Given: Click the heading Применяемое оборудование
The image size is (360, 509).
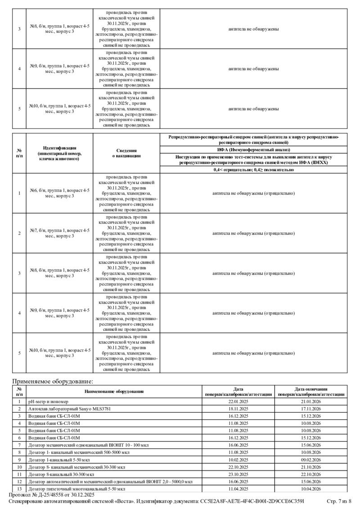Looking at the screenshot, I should pos(52,381).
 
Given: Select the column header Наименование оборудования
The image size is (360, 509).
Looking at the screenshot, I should pos(114,392).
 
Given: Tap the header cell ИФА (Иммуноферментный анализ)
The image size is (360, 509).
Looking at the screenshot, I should pos(254,149).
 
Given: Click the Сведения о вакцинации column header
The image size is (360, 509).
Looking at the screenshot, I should pos(126,153).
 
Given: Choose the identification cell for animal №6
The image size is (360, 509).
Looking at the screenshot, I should pos(60,193).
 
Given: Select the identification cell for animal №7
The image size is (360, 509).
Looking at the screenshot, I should pos(60,233).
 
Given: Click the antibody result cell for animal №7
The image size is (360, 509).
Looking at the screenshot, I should pos(254,233).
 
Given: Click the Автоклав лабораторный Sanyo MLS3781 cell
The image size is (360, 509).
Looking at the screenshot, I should pos(69,409).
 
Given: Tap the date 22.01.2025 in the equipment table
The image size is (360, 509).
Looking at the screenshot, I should pos(238,402).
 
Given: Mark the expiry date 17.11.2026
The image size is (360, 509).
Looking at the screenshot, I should pos(311,409).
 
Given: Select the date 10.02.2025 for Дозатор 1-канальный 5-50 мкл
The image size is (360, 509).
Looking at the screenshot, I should pos(238,460).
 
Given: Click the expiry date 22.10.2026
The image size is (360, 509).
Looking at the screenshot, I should pos(311,474).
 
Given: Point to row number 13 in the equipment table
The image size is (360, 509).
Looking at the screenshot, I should pos(19,488).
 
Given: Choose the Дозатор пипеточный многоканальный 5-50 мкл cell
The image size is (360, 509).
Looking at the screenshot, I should pos(76,488).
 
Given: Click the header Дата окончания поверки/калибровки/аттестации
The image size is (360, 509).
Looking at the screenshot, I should pos(311,392).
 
